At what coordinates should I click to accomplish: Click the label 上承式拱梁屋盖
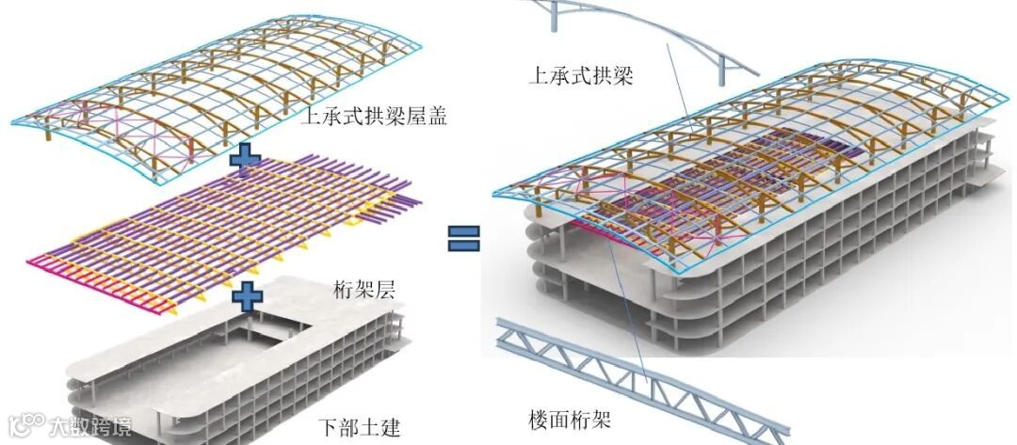(373, 117)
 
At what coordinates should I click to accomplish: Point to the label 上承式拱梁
(581, 75)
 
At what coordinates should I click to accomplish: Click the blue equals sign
(463, 236)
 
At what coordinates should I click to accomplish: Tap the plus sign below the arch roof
(246, 158)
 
